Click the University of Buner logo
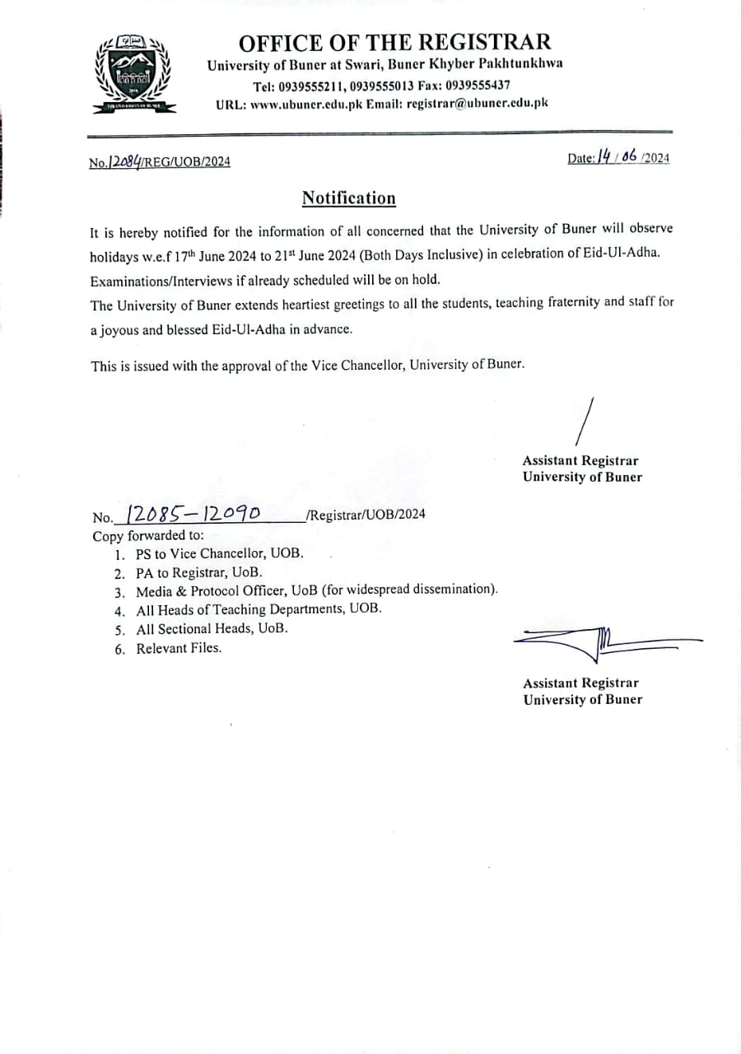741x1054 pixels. click(131, 74)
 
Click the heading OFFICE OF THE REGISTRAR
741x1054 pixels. click(394, 42)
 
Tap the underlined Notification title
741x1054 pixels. click(348, 198)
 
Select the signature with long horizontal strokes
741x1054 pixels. click(606, 640)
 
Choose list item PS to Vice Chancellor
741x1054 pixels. click(219, 553)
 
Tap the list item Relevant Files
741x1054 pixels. click(179, 648)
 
